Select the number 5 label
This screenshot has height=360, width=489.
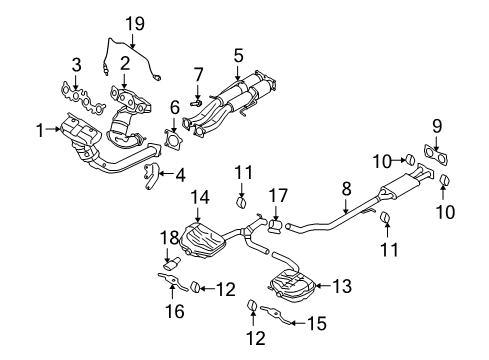coord(238,56)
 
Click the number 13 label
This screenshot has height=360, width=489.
coord(343,287)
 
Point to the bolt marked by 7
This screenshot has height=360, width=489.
coord(195,100)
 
